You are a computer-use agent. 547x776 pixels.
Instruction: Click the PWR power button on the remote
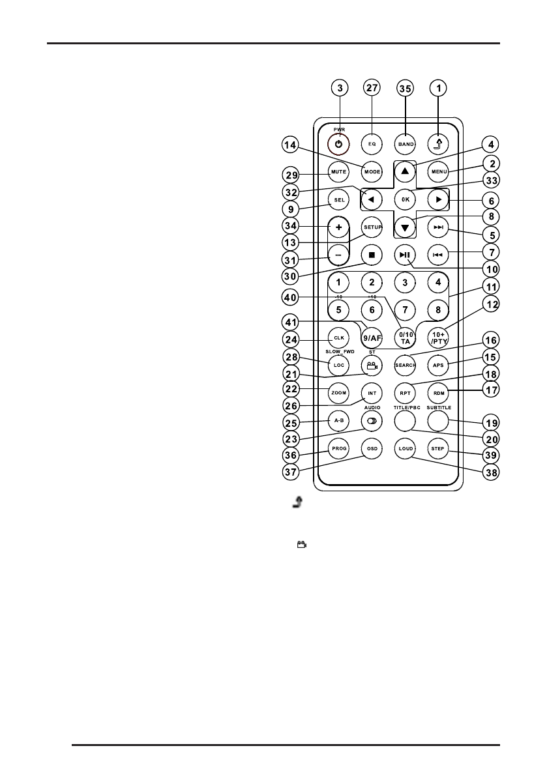point(339,142)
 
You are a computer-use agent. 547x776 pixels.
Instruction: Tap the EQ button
point(372,142)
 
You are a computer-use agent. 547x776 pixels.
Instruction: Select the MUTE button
point(339,171)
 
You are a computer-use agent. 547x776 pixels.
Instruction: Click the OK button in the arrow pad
point(405,199)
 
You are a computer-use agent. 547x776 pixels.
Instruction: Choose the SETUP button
point(372,226)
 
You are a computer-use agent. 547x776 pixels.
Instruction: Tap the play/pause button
point(405,255)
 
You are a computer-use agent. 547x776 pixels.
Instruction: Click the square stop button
point(372,255)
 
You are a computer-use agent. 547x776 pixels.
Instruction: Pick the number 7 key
point(405,310)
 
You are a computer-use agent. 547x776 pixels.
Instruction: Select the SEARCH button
point(405,366)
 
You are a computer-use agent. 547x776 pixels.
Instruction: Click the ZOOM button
point(339,394)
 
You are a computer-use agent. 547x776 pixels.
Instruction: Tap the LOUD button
point(405,449)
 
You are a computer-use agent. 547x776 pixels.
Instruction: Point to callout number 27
point(372,88)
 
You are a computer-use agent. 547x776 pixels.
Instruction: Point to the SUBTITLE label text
point(439,407)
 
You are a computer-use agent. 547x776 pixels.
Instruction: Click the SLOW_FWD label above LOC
point(339,352)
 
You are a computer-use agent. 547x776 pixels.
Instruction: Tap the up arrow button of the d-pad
point(405,171)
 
